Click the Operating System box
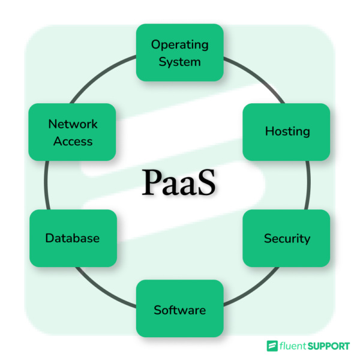pyautogui.click(x=179, y=53)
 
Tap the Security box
pyautogui.click(x=286, y=238)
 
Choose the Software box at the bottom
pyautogui.click(x=179, y=308)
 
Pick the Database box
pyautogui.click(x=73, y=238)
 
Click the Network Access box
pyautogui.click(x=73, y=132)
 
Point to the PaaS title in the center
pyautogui.click(x=178, y=183)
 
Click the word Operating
pyautogui.click(x=179, y=44)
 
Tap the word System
pyautogui.click(x=179, y=61)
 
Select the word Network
pyautogui.click(x=73, y=124)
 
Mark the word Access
pyautogui.click(x=73, y=142)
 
